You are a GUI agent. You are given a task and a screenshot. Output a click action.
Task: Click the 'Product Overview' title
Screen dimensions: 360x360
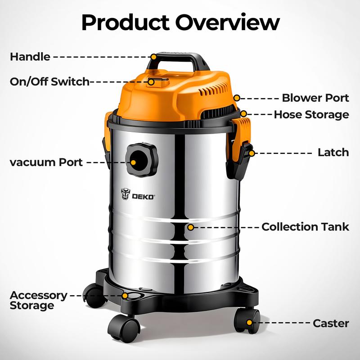point(180,22)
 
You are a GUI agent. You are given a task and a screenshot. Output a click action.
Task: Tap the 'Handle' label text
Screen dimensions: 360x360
point(30,57)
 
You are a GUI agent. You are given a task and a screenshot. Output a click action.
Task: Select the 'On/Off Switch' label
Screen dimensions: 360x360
point(49,81)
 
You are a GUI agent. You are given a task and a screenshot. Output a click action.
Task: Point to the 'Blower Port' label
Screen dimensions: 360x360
point(315,98)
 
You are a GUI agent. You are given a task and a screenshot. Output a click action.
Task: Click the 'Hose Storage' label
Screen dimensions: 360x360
point(311,115)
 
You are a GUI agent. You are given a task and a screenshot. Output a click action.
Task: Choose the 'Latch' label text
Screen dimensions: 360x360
point(333,153)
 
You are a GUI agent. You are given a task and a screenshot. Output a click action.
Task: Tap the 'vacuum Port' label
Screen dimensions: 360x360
point(46,162)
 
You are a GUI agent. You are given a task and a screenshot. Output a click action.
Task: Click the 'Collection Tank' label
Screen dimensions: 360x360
point(306,227)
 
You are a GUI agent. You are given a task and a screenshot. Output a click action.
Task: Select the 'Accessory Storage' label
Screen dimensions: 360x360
point(39,300)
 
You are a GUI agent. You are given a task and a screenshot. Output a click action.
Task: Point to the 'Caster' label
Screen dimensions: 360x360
point(331,323)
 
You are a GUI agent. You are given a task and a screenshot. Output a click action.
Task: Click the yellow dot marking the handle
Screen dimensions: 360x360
point(153,57)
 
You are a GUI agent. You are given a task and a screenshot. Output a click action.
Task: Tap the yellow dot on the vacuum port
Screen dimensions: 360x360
point(133,162)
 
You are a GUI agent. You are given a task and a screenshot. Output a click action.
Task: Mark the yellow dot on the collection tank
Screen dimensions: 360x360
point(190,227)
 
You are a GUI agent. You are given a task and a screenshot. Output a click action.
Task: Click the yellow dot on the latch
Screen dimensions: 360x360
point(252,153)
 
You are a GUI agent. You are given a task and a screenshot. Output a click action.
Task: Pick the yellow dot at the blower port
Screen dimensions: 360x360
point(237,98)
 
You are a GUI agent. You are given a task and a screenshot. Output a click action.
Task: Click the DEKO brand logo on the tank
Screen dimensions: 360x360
point(138,194)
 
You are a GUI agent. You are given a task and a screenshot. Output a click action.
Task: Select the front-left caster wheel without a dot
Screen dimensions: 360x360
point(124,328)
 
